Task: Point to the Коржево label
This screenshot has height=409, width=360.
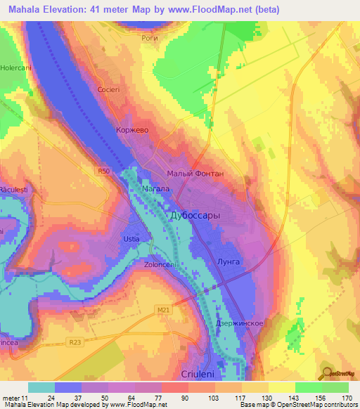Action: [131, 130]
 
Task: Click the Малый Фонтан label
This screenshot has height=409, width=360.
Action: [195, 173]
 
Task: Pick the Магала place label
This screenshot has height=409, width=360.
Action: [156, 189]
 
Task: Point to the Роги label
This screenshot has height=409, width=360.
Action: [150, 39]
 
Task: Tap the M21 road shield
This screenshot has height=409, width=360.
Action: [163, 309]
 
